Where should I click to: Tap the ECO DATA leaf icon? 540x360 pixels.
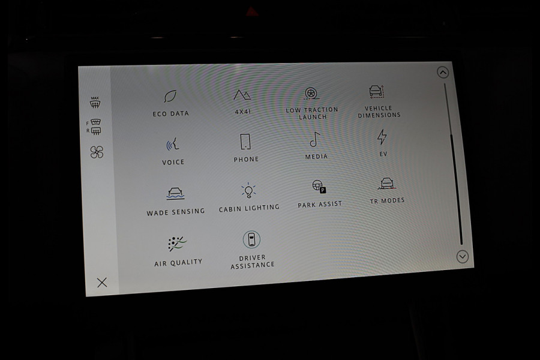[x=170, y=96]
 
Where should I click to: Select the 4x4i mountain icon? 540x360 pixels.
[x=242, y=95]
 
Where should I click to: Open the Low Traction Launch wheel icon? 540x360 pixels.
[x=311, y=94]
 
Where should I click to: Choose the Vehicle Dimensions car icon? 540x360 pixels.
[x=376, y=91]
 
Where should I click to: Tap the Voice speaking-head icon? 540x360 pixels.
[x=173, y=144]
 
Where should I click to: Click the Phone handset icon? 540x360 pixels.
[x=245, y=142]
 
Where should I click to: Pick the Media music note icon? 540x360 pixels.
[x=315, y=140]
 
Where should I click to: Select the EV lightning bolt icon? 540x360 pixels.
[x=382, y=137]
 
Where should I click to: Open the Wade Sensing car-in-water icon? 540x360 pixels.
[x=175, y=194]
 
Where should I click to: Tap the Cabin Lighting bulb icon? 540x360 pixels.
[x=248, y=190]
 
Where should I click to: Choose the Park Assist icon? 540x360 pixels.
[x=319, y=187]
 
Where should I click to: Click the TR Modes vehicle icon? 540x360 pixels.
[x=387, y=184]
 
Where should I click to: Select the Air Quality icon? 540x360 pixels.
[x=178, y=244]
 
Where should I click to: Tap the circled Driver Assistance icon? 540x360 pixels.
[x=251, y=239]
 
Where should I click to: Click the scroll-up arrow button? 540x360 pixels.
[x=443, y=73]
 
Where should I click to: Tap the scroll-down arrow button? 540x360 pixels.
[x=462, y=257]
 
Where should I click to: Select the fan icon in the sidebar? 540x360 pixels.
[x=97, y=152]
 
